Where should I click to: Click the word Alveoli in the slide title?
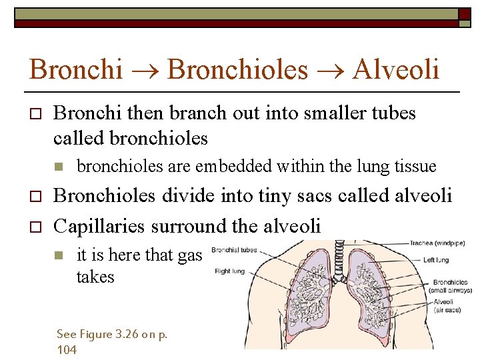coord(396,69)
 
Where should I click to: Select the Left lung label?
coord(436,260)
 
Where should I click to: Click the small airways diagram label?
coord(451,290)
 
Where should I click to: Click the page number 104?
coord(67,350)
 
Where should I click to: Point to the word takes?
coord(95,277)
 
